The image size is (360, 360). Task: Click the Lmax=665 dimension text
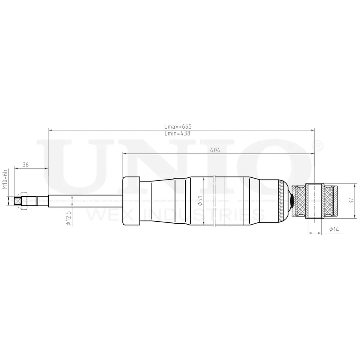pyautogui.click(x=178, y=126)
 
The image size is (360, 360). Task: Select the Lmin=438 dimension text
pyautogui.click(x=177, y=133)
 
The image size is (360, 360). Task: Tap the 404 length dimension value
pyautogui.click(x=215, y=150)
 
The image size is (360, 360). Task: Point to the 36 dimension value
pyautogui.click(x=25, y=165)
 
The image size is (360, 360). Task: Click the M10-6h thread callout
pyautogui.click(x=5, y=180)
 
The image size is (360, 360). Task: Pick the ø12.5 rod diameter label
pyautogui.click(x=69, y=218)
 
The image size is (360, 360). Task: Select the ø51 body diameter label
pyautogui.click(x=200, y=201)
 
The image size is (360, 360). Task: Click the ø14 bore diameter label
pyautogui.click(x=334, y=229)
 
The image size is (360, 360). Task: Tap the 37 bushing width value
pyautogui.click(x=351, y=201)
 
